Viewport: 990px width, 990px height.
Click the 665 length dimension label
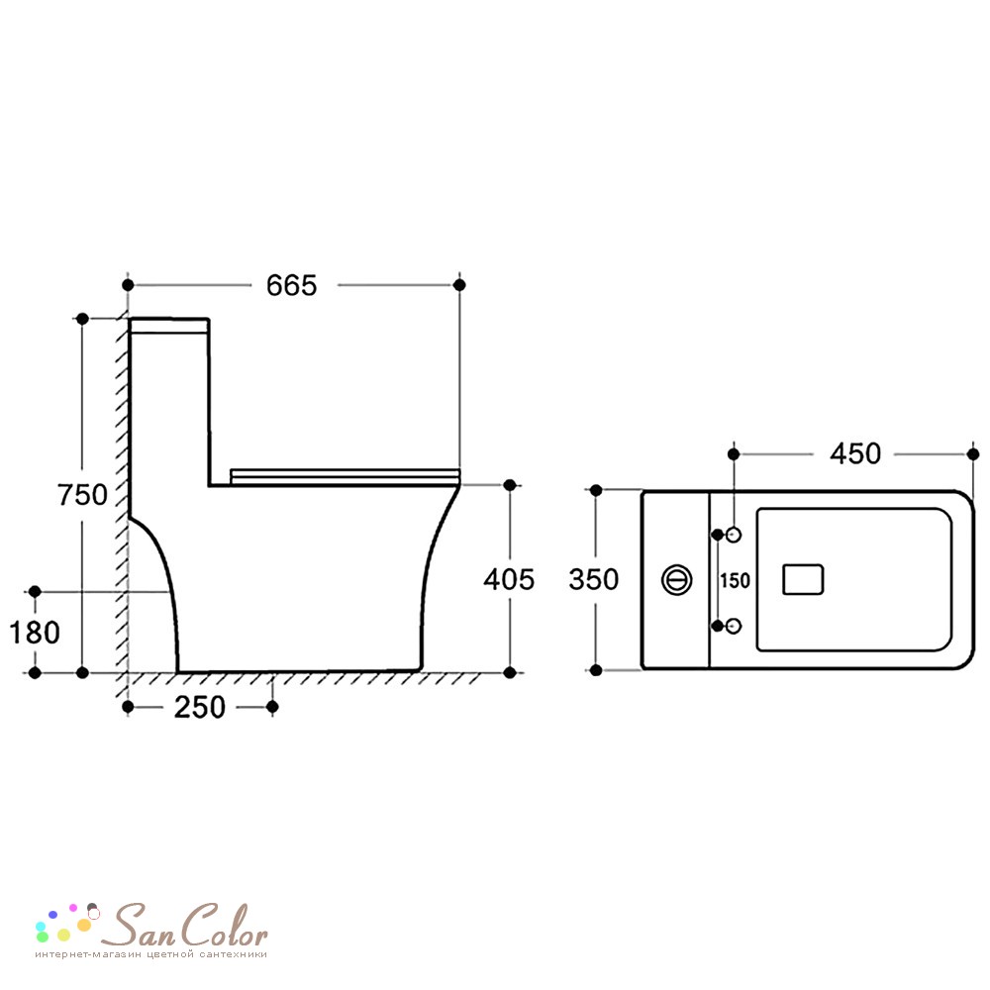pyautogui.click(x=291, y=286)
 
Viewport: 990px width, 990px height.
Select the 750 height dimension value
pyautogui.click(x=82, y=494)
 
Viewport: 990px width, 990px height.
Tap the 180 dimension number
pyautogui.click(x=35, y=633)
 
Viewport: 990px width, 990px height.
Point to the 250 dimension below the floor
pyautogui.click(x=200, y=707)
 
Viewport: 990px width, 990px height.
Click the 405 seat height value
pyautogui.click(x=509, y=579)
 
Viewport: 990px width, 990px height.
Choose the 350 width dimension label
pyautogui.click(x=593, y=579)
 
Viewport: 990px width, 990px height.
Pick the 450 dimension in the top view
pyautogui.click(x=855, y=454)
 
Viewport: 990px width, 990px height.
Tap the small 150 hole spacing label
pyautogui.click(x=735, y=580)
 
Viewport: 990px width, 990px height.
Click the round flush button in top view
pyautogui.click(x=677, y=579)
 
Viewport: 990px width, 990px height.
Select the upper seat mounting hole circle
pyautogui.click(x=733, y=535)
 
